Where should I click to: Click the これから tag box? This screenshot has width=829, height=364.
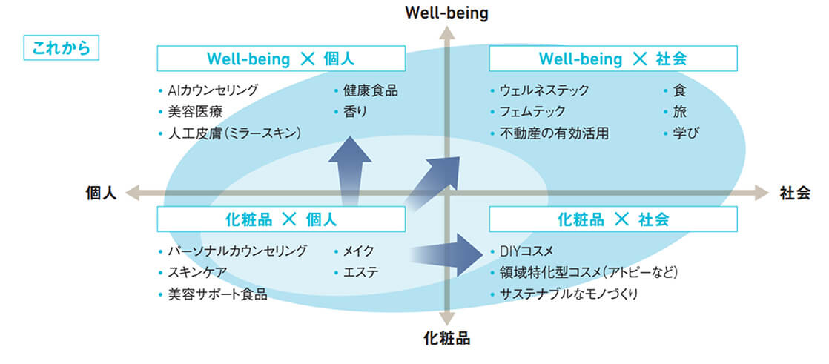click(x=62, y=49)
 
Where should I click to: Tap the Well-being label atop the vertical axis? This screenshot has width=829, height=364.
click(x=446, y=13)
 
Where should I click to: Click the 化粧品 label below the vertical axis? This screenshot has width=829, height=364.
click(x=446, y=340)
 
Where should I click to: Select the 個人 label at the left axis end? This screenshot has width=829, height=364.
click(x=102, y=193)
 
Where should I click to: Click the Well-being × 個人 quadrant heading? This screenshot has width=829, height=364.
click(x=281, y=59)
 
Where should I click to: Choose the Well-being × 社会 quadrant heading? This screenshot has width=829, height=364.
click(x=612, y=59)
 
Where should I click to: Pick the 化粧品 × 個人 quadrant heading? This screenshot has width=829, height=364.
click(x=281, y=219)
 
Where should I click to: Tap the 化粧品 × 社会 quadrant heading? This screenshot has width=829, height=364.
click(x=612, y=219)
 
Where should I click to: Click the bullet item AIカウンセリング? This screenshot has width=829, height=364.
click(x=213, y=90)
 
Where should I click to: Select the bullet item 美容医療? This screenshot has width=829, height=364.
click(x=195, y=112)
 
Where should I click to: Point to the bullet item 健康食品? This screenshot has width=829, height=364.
click(x=370, y=90)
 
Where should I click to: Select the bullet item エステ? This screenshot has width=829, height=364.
click(x=360, y=272)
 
